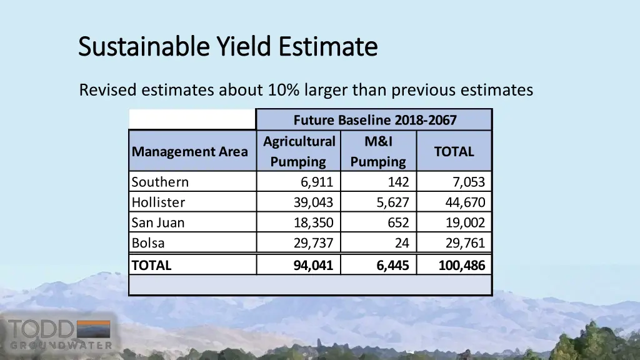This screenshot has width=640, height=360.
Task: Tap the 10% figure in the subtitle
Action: click(x=283, y=91)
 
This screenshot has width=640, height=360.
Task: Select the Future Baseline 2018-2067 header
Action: click(x=374, y=119)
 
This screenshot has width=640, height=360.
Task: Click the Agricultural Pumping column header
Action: click(x=299, y=151)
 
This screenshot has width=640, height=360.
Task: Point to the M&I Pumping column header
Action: click(x=378, y=151)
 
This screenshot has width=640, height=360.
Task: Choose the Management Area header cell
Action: click(x=189, y=152)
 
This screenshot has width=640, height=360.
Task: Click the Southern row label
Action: click(x=160, y=182)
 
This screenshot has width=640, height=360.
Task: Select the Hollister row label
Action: click(x=158, y=202)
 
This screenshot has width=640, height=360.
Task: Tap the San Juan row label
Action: click(x=158, y=222)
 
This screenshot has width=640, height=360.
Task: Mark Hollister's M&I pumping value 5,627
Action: click(x=392, y=202)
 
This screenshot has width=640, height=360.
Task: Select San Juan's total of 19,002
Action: click(x=464, y=222)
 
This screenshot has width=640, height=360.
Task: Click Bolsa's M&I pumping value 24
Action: click(x=402, y=243)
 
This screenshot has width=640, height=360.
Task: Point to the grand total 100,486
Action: click(x=461, y=265)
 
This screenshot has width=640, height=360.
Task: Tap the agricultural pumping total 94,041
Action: click(x=313, y=265)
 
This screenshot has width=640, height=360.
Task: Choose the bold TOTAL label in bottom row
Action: click(x=151, y=265)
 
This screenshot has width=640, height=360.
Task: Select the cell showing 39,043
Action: click(x=313, y=202)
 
